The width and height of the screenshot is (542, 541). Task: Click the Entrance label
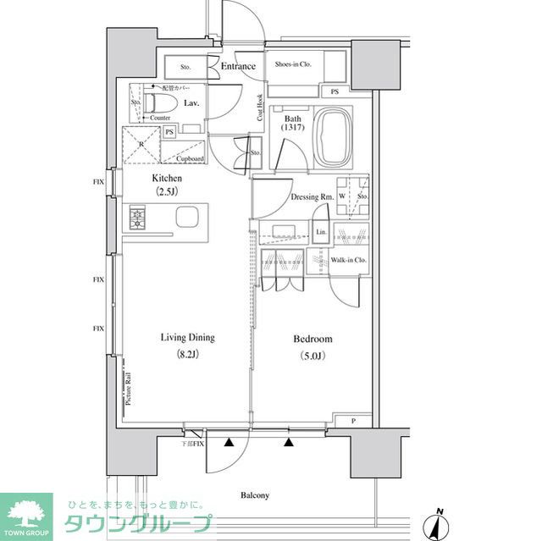[238, 66]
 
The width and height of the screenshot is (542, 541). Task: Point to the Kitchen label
[167, 179]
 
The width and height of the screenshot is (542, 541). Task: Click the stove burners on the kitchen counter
[138, 218]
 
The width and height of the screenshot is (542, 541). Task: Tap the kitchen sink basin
[188, 218]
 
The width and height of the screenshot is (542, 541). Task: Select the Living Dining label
[188, 338]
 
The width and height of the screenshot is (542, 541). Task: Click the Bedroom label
[312, 339]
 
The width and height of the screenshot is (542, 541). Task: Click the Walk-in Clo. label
[348, 260]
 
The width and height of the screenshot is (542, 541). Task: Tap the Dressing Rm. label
[312, 196]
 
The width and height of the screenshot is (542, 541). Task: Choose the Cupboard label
[191, 158]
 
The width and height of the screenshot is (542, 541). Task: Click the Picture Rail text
[128, 389]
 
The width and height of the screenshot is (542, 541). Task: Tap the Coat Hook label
[260, 108]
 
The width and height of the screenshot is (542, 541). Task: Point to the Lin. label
[321, 231]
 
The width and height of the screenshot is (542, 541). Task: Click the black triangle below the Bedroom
[290, 441]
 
